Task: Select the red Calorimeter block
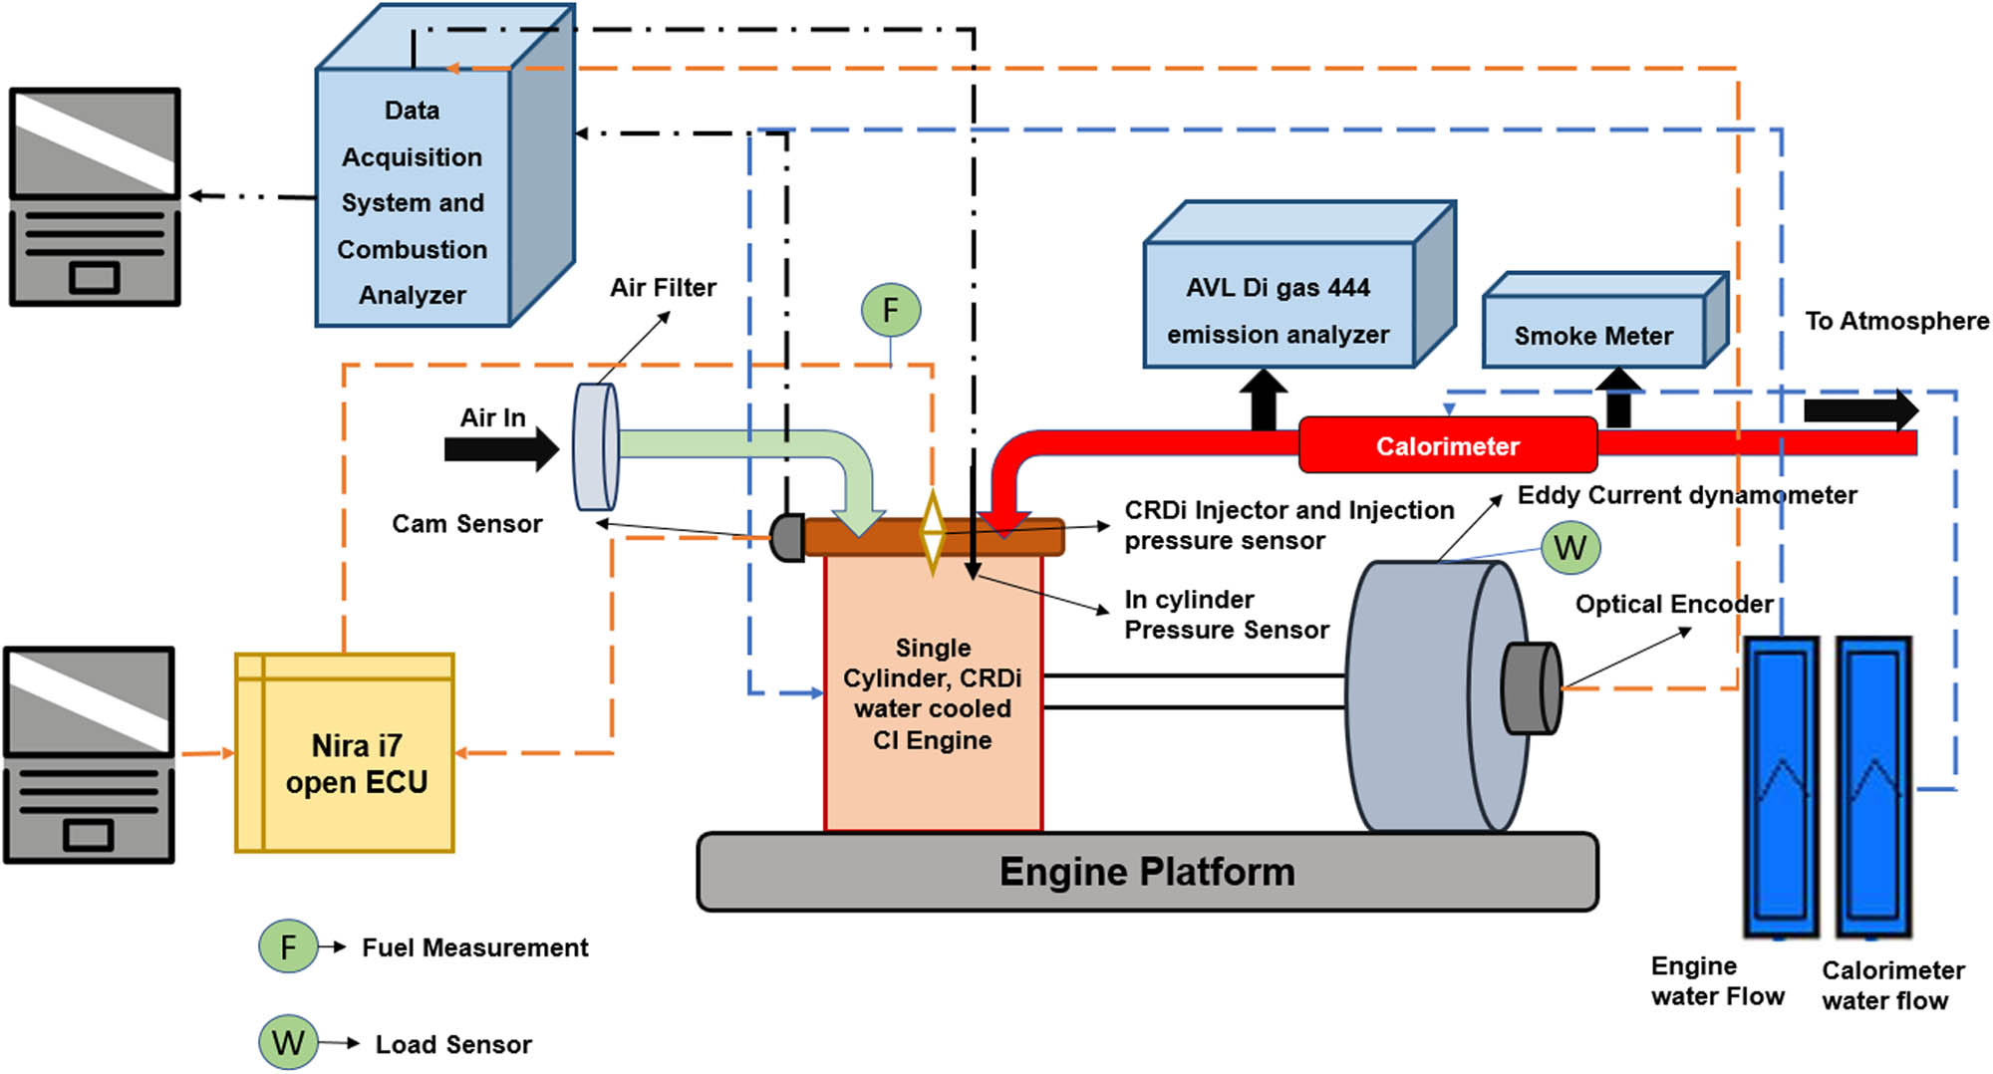point(1447,445)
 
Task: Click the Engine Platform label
point(1147,872)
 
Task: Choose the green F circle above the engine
point(890,310)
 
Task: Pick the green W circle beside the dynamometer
point(1569,547)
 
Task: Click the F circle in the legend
point(288,946)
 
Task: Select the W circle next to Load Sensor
point(288,1042)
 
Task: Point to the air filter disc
point(596,446)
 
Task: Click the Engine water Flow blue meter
point(1781,787)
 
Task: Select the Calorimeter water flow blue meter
point(1873,787)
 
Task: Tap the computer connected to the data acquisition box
point(95,196)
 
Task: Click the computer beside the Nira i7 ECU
point(90,754)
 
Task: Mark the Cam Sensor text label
point(466,524)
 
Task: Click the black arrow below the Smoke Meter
point(1618,398)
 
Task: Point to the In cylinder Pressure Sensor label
point(1226,615)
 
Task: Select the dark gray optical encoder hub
point(1530,688)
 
